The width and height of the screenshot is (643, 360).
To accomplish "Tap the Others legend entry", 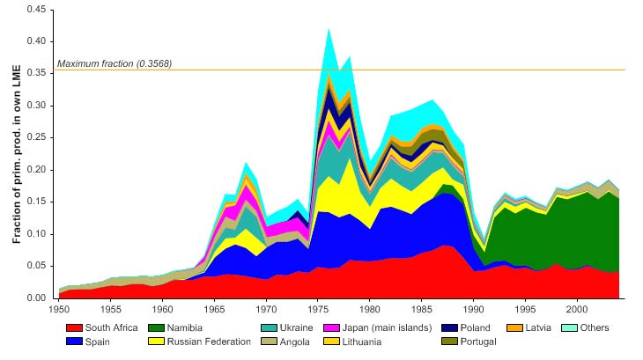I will pyautogui.click(x=594, y=327).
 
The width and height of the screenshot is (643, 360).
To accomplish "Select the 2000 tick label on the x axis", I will pyautogui.click(x=577, y=310).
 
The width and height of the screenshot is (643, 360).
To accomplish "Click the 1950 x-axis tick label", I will pyautogui.click(x=59, y=310).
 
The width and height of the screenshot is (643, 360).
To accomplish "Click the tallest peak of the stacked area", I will pyautogui.click(x=329, y=29).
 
